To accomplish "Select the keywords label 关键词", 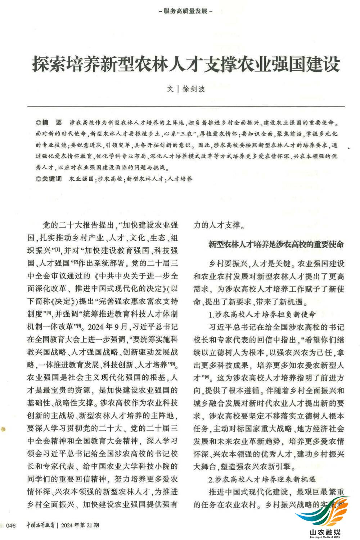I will click(x=51, y=179).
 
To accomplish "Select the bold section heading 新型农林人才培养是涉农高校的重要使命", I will click(x=276, y=244).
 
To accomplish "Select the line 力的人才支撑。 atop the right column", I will click(x=219, y=225).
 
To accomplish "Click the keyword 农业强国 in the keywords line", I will click(x=81, y=179).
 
